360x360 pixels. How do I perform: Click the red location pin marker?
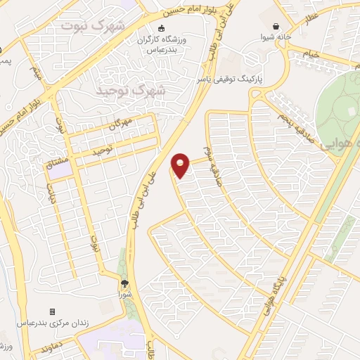181,165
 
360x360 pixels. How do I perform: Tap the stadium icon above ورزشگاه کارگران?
161,28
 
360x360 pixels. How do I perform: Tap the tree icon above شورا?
125,284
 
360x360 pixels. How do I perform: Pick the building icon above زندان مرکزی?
51,311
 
